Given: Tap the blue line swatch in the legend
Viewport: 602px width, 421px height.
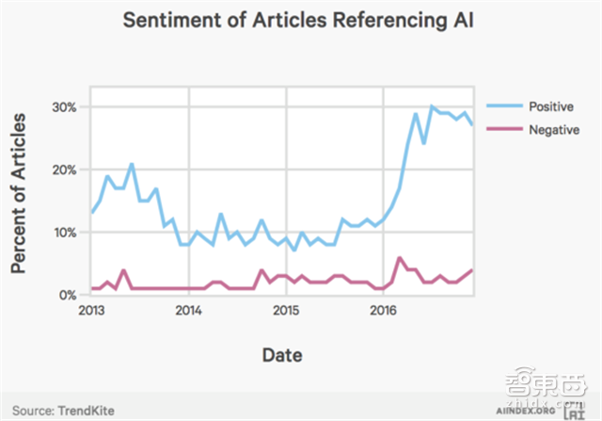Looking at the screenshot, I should (497, 105).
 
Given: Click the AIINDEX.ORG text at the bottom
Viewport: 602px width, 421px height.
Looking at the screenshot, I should (524, 412).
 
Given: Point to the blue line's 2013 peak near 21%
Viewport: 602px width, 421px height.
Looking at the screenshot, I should (132, 164).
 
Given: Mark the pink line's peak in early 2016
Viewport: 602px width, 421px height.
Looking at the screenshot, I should (400, 257).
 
